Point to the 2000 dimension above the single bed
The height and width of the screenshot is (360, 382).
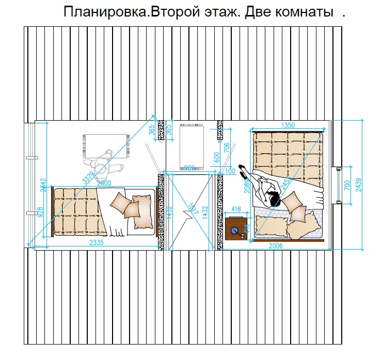(104, 183)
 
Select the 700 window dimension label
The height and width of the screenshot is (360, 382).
(347, 185)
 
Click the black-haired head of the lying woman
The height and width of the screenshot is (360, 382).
(273, 198)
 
